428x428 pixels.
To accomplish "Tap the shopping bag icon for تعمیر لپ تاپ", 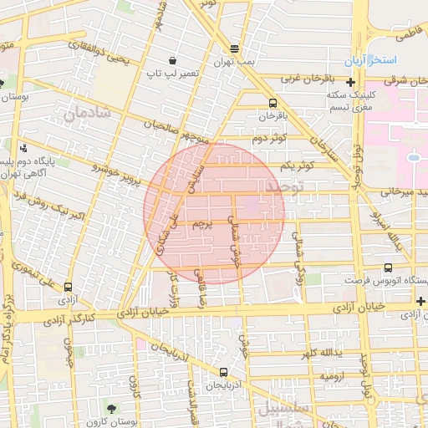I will (x=172, y=60).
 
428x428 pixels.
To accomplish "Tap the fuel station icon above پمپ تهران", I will (x=234, y=48).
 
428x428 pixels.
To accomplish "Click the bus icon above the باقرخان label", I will (x=273, y=104).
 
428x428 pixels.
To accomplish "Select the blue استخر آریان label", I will (x=374, y=62).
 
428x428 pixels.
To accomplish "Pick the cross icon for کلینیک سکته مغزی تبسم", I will (x=349, y=82).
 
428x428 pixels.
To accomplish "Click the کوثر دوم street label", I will (x=269, y=137).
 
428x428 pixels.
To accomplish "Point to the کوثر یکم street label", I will (x=298, y=165).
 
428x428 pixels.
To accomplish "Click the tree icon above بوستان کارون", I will (x=113, y=408).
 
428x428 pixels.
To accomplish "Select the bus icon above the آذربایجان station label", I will (x=222, y=373).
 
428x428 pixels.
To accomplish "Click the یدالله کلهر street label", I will (x=320, y=352).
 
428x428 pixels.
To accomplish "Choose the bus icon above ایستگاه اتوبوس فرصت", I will (x=388, y=267).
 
